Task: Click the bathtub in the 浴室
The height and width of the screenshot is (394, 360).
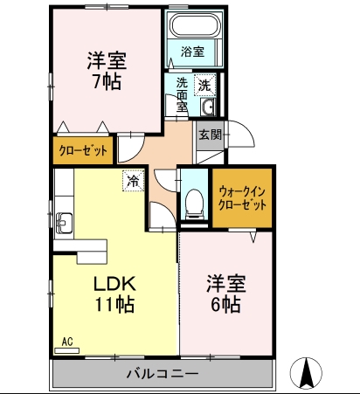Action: [195, 24]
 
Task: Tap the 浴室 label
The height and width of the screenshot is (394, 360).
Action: [192, 52]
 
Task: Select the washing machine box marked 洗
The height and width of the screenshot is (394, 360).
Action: [205, 85]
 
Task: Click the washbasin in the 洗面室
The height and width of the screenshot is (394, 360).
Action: [208, 107]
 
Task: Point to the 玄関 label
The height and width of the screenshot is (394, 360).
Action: [211, 135]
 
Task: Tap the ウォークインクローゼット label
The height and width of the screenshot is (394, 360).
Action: [242, 198]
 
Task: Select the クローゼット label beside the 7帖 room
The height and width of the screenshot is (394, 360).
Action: [83, 150]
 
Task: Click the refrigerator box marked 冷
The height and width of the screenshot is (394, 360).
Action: [134, 181]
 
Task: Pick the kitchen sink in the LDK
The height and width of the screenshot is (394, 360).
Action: [65, 223]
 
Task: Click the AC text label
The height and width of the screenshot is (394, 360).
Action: [67, 342]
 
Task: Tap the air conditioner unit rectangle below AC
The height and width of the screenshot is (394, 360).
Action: [67, 350]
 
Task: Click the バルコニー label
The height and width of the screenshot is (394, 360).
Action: [163, 373]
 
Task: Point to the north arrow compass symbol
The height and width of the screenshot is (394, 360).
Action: [307, 373]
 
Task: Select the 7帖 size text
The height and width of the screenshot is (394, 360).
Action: [107, 81]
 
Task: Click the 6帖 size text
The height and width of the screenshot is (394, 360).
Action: [225, 304]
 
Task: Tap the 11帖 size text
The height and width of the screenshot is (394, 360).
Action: [114, 304]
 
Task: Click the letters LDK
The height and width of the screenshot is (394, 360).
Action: [114, 283]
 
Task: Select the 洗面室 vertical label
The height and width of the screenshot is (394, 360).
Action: [182, 95]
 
